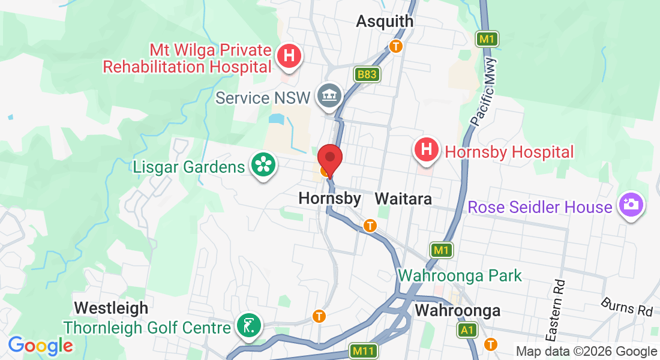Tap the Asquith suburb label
click(385, 21)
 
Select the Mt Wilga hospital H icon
click(289, 57)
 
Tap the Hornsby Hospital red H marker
click(426, 151)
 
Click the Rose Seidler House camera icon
click(631, 206)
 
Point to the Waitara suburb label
click(403, 199)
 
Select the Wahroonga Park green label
click(460, 276)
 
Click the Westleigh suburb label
click(111, 308)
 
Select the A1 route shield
click(467, 330)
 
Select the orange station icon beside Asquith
click(395, 46)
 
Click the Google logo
click(40, 346)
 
